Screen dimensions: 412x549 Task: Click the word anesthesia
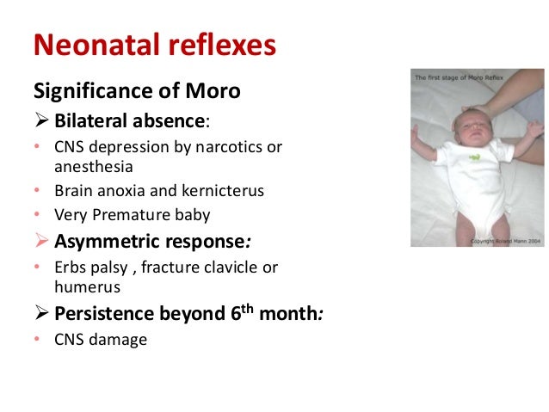(x=89, y=167)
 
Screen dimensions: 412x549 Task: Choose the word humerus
(x=84, y=287)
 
